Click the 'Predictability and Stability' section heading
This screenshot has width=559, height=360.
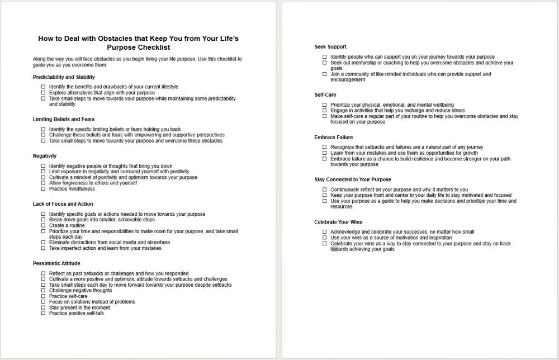pos(64,77)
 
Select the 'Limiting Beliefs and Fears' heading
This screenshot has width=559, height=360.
pos(64,119)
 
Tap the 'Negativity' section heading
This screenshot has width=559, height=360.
pos(45,156)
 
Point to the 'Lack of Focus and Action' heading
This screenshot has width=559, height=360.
pos(63,204)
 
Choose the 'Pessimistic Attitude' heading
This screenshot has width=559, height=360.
pos(56,263)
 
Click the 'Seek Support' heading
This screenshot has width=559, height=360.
pos(330,47)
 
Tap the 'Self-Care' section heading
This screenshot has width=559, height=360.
pos(325,95)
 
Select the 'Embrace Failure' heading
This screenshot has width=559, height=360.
pos(334,138)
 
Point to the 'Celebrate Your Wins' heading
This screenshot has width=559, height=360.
pos(338,222)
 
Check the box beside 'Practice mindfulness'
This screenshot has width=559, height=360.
pos(44,189)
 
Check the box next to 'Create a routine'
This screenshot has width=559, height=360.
pos(44,226)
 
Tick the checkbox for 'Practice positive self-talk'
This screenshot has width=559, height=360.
pos(44,314)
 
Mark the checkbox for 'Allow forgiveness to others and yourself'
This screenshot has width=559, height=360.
pos(44,183)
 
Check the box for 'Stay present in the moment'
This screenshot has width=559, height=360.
pos(44,308)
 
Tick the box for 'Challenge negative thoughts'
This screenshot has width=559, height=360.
pos(44,291)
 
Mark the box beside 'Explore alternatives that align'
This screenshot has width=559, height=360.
pos(44,93)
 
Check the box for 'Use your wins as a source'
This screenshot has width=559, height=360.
pos(325,238)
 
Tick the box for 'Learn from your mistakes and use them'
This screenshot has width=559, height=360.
pos(325,153)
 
